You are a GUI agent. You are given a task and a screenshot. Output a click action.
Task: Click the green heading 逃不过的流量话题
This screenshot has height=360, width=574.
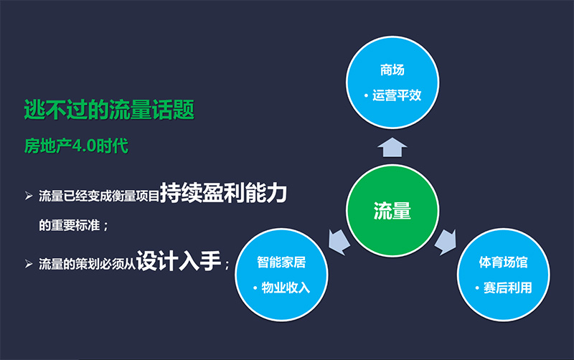(109, 110)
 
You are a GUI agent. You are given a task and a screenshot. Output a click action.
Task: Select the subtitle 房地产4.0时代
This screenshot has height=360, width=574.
(76, 146)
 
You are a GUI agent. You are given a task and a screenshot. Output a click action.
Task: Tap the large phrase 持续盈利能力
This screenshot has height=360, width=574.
(223, 192)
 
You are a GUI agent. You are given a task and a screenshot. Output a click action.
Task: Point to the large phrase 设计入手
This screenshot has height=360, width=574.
(179, 261)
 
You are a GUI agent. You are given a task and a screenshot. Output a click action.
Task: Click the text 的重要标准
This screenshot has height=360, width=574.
(69, 225)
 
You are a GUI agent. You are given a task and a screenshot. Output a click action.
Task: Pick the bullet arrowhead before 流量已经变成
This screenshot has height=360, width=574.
(29, 196)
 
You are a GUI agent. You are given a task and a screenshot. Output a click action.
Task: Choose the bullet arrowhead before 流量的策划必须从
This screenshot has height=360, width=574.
(29, 263)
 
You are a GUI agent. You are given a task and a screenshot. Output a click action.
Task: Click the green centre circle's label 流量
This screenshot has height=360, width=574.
(392, 211)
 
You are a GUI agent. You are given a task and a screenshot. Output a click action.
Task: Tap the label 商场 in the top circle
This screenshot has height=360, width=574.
(392, 70)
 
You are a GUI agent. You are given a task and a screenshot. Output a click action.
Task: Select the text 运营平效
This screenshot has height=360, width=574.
(397, 95)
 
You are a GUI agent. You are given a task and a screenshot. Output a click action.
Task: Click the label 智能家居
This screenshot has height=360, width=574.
(281, 262)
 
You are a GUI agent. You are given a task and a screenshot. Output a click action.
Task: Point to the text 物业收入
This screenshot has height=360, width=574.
(286, 288)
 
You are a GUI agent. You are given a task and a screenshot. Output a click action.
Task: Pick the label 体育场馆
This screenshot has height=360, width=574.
(504, 262)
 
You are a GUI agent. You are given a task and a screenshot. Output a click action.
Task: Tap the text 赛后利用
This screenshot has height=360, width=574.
(508, 288)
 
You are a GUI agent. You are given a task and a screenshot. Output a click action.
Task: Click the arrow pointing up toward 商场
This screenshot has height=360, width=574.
(392, 148)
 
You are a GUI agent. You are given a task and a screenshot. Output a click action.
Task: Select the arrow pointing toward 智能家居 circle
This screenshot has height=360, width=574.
(339, 242)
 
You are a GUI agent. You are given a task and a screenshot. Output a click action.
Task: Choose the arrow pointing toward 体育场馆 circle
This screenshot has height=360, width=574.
(446, 242)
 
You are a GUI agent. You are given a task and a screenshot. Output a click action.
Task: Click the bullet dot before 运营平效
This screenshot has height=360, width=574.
(366, 96)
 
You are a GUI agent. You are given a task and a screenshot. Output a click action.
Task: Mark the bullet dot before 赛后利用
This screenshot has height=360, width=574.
(477, 288)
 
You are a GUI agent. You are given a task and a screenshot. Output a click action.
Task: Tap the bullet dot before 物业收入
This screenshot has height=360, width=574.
(255, 288)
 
